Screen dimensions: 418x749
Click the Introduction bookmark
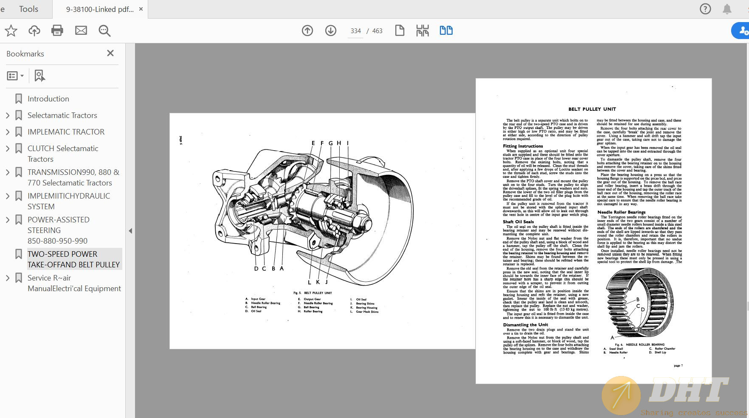48,99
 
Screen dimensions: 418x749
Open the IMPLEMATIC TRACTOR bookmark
66,132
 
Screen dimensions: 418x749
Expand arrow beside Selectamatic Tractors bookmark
8,115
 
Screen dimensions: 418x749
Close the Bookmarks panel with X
110,53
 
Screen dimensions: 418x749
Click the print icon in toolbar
57,31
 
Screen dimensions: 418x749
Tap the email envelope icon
81,31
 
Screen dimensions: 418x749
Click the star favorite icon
11,31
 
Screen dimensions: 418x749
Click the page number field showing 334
355,31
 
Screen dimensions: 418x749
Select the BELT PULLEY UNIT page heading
592,109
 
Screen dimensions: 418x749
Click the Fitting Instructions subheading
523,146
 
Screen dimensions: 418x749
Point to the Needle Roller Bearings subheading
621,212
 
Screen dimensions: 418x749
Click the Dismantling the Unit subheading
525,325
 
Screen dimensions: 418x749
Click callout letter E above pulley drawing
313,143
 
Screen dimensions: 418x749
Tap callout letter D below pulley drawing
256,269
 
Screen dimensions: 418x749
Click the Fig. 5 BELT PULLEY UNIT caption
313,293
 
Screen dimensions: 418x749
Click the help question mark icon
705,9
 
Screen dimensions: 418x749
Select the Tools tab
28,9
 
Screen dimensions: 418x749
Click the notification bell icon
727,9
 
